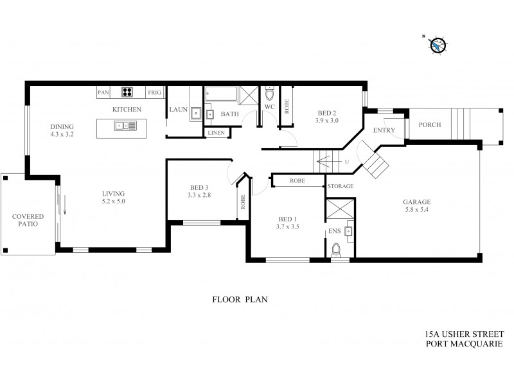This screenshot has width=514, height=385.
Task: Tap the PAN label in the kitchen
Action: tap(103, 93)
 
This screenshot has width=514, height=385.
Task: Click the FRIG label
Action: tap(154, 93)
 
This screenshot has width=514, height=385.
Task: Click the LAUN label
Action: tap(178, 110)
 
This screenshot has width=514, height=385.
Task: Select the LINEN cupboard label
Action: tap(215, 132)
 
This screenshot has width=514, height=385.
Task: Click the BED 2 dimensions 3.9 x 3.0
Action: tap(327, 120)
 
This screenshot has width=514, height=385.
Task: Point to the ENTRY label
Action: tap(384, 130)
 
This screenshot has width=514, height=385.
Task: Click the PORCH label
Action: tap(429, 124)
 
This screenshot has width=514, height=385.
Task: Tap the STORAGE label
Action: tap(341, 187)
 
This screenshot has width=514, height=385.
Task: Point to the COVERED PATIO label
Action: tap(27, 220)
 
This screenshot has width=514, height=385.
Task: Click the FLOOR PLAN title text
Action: tap(239, 299)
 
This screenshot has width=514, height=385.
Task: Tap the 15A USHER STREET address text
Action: tap(465, 334)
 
